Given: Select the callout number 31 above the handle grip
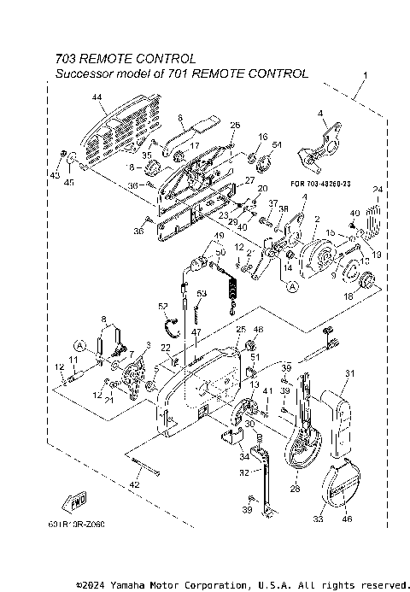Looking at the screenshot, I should tap(348, 372).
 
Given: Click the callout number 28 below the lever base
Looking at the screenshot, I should tap(295, 489).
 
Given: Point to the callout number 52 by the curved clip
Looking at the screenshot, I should tap(162, 305).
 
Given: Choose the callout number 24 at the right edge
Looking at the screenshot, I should tap(377, 190).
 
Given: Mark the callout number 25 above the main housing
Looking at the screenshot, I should tap(240, 329).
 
